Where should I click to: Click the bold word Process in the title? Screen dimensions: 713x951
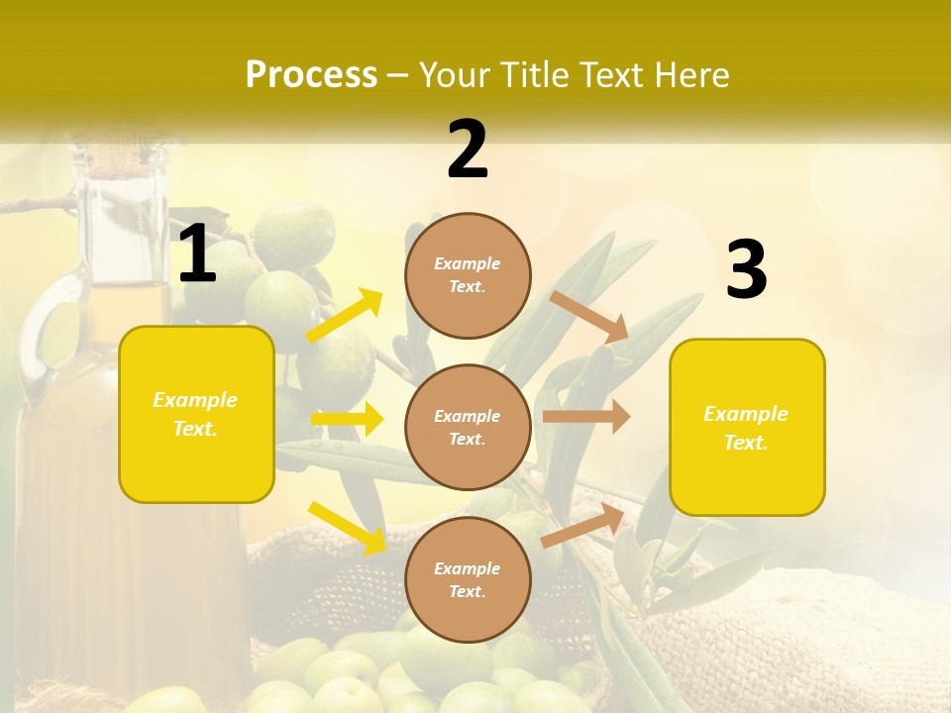pyautogui.click(x=311, y=75)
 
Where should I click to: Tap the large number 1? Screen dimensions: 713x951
pyautogui.click(x=197, y=254)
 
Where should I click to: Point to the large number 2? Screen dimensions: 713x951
pyautogui.click(x=468, y=150)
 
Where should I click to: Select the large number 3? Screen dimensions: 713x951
pyautogui.click(x=747, y=270)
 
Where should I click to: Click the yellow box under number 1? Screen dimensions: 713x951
pyautogui.click(x=196, y=414)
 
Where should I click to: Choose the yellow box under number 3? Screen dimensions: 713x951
pyautogui.click(x=747, y=427)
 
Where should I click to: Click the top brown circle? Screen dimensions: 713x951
pyautogui.click(x=468, y=275)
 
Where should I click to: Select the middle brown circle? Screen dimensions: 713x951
pyautogui.click(x=468, y=427)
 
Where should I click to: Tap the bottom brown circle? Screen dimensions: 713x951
pyautogui.click(x=468, y=579)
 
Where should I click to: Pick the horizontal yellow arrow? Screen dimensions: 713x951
pyautogui.click(x=347, y=419)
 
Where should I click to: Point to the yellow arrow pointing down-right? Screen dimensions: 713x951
pyautogui.click(x=347, y=527)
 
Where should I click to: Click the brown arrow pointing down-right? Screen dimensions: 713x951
pyautogui.click(x=590, y=316)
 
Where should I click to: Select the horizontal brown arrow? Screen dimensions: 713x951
pyautogui.click(x=586, y=416)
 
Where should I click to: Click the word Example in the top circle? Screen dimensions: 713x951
pyautogui.click(x=468, y=263)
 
